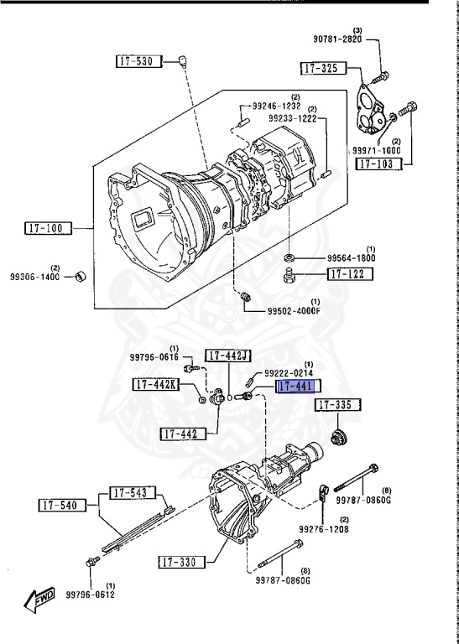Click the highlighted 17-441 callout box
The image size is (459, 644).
click(x=299, y=387)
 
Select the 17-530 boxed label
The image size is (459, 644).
click(x=139, y=61)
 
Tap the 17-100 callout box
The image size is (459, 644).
click(x=48, y=228)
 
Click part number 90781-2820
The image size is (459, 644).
click(x=337, y=39)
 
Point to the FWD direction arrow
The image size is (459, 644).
click(x=39, y=599)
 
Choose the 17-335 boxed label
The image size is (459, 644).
click(x=338, y=405)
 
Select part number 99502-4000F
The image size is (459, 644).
click(x=294, y=310)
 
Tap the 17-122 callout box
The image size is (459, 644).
click(x=350, y=274)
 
